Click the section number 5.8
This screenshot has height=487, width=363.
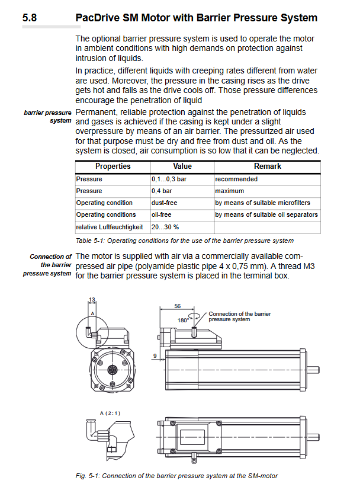pyautogui.click(x=30, y=18)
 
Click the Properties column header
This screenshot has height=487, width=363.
pyautogui.click(x=113, y=166)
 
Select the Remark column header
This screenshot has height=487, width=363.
pyautogui.click(x=267, y=166)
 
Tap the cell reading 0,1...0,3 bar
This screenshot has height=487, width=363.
pyautogui.click(x=169, y=179)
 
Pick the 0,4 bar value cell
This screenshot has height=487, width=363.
pyautogui.click(x=162, y=191)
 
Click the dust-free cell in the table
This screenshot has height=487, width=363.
pyautogui.click(x=164, y=203)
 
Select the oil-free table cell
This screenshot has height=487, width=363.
pyautogui.click(x=161, y=214)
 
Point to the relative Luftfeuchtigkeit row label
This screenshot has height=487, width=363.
pyautogui.click(x=110, y=227)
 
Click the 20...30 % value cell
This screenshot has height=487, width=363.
pyautogui.click(x=165, y=227)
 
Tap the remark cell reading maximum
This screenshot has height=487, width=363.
pyautogui.click(x=230, y=191)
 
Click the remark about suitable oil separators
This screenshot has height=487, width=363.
pyautogui.click(x=266, y=214)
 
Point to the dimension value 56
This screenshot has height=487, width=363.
pyautogui.click(x=177, y=306)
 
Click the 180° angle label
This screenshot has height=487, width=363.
pyautogui.click(x=183, y=320)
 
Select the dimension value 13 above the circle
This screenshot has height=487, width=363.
pyautogui.click(x=92, y=300)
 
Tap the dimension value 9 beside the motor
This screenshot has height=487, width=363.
pyautogui.click(x=155, y=356)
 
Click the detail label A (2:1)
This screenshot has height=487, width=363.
pyautogui.click(x=110, y=413)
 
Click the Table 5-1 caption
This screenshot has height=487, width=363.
pyautogui.click(x=184, y=241)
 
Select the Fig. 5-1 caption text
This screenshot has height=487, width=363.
pyautogui.click(x=176, y=476)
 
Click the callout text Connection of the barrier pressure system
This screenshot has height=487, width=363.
pyautogui.click(x=239, y=316)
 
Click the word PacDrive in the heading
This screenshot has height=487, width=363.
pyautogui.click(x=98, y=18)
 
